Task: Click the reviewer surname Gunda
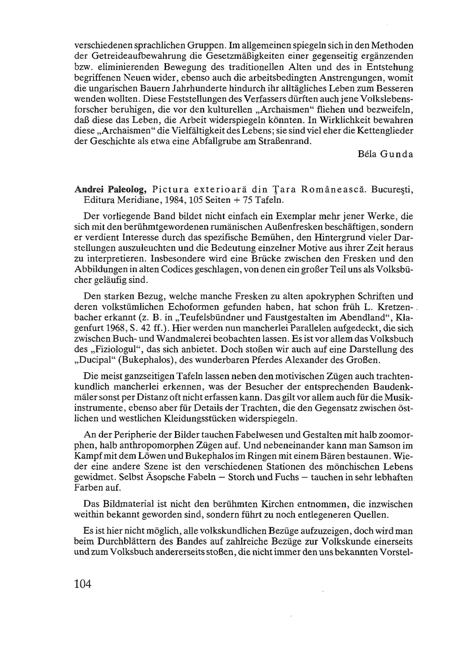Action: [x=397, y=154]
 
